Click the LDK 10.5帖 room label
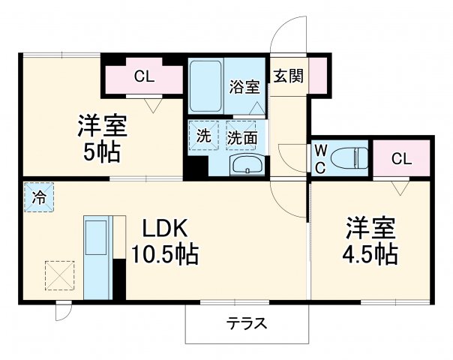[166, 242]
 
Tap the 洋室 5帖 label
[100, 139]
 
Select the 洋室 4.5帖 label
[370, 239]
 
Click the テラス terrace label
[247, 324]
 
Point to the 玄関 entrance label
[288, 76]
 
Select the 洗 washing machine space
[202, 136]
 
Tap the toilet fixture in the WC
[349, 158]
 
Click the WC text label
[319, 157]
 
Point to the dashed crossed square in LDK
[59, 274]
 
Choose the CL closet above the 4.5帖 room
[401, 158]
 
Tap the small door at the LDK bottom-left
[63, 310]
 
